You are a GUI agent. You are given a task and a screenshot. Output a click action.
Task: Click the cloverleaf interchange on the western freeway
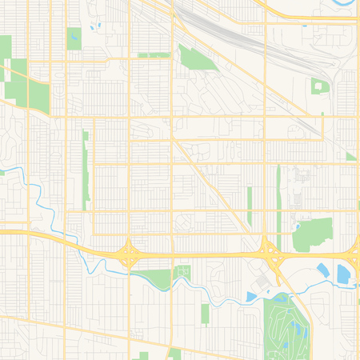click(128, 255)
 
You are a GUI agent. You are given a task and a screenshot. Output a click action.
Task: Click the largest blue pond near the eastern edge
click(343, 274)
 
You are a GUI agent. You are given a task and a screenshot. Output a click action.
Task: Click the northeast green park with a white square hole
click(319, 86)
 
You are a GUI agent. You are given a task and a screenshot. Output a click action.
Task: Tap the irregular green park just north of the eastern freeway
click(313, 234)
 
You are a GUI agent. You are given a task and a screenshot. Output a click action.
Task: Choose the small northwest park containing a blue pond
click(74, 38)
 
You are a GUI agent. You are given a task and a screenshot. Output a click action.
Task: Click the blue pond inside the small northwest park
click(74, 35)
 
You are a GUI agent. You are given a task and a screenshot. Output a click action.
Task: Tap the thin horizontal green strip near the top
click(154, 55)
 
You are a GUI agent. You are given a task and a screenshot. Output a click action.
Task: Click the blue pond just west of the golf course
click(251, 297)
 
